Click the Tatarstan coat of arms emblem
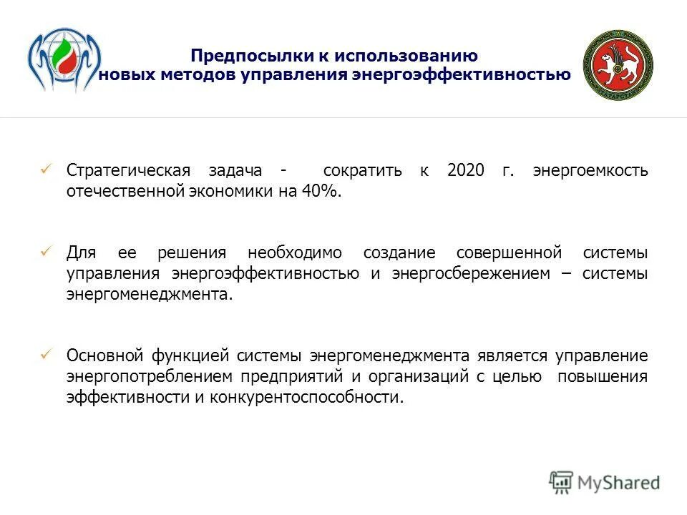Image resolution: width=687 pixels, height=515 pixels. tap(618, 66)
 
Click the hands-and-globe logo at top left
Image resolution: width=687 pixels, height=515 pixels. tap(64, 61)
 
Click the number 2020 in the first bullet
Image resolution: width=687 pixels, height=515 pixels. tap(466, 171)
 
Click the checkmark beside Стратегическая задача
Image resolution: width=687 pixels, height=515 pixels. tap(47, 170)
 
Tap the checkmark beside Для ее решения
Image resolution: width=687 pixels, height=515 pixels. tap(47, 252)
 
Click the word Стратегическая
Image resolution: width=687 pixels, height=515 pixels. tap(129, 171)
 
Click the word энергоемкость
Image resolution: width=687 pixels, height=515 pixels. tap(590, 171)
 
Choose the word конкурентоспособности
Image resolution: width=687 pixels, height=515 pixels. tap(306, 398)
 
